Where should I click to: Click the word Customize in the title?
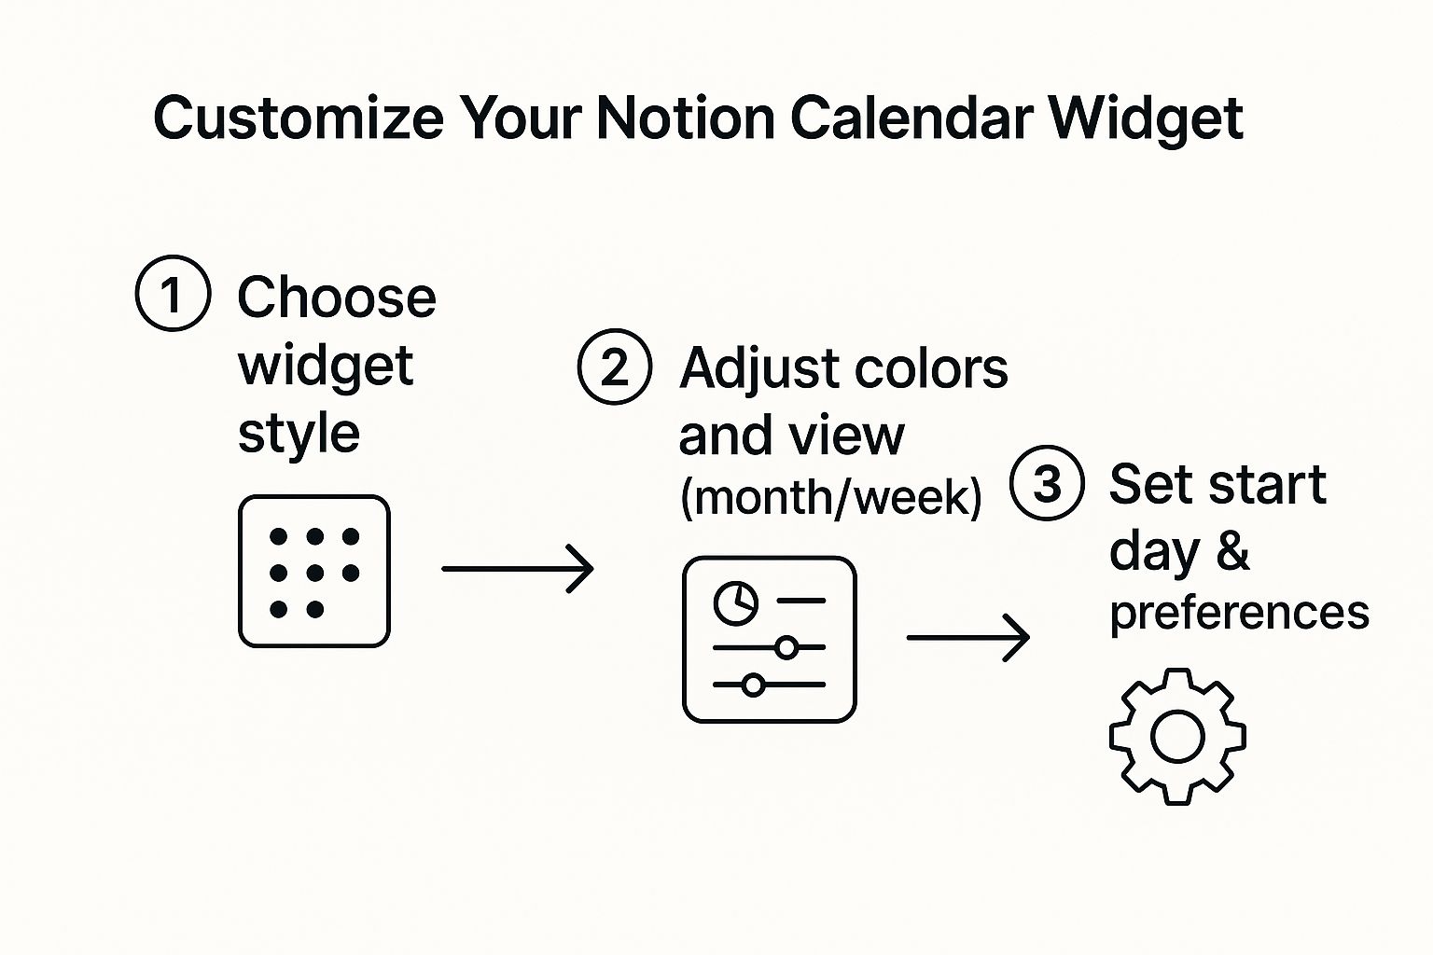pos(299,118)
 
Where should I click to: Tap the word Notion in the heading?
pos(686,118)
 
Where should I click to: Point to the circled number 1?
pos(173,294)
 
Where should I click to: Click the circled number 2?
pos(614,367)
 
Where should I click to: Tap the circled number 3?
pos(1047,483)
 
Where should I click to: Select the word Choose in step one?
pos(337,298)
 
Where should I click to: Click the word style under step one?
pos(299,435)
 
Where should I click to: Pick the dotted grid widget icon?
pos(314,572)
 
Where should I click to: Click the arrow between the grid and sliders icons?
pos(518,568)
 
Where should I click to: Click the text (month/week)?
pos(830,497)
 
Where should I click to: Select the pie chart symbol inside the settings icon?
pos(736,602)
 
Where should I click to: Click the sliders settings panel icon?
pos(770,640)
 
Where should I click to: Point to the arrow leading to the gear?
pos(968,638)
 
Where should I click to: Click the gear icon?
pos(1177,737)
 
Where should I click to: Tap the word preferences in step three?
pos(1239,614)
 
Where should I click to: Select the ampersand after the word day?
pos(1232,550)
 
